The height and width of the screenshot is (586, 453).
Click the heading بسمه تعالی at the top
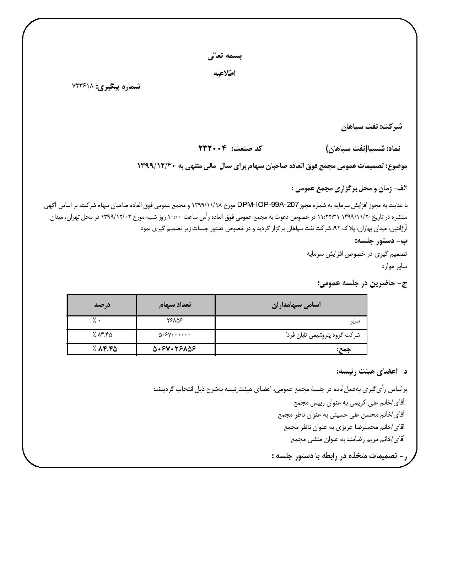coord(225,56)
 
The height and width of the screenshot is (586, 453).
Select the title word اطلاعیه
coord(225,73)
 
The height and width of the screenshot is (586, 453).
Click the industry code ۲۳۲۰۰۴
coord(212,148)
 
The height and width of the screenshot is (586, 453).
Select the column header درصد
coord(102,305)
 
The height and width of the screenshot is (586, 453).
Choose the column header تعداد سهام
coord(176,305)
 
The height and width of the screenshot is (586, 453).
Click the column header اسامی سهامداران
coord(291,305)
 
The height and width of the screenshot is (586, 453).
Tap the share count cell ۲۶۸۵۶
coord(174,320)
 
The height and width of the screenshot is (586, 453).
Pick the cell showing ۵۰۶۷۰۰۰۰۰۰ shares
coord(174,335)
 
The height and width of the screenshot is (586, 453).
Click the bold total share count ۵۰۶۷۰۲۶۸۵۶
coord(174,349)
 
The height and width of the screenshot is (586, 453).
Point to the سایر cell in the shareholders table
coord(355,321)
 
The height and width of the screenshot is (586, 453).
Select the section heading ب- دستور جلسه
coord(381,241)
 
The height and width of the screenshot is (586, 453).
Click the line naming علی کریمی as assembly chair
coord(349,403)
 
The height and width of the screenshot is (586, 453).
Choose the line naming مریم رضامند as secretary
coord(348,439)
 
